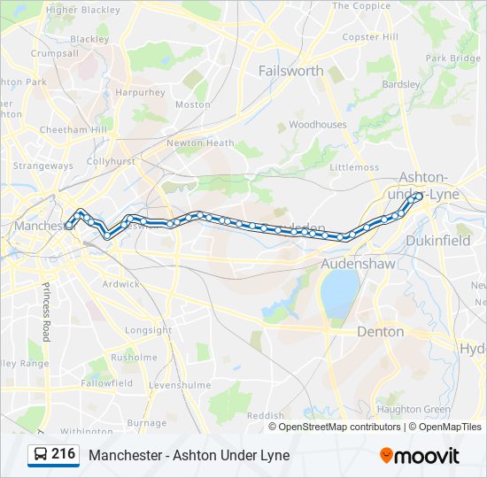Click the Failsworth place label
291,71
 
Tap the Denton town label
380,332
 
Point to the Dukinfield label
438,240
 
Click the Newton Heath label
201,143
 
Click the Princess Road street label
46,311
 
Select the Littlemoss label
353,167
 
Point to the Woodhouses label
318,125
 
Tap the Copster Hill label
370,37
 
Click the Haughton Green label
414,409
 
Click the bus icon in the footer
41,455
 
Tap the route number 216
64,455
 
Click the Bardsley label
400,85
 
